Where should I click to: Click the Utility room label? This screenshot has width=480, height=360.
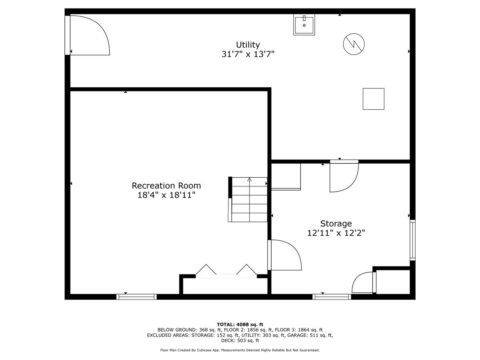click(x=248, y=45)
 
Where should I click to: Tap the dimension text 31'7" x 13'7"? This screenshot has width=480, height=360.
click(x=248, y=54)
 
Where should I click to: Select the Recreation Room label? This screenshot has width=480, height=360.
click(x=166, y=186)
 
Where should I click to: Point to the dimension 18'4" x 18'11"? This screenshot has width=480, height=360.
click(x=166, y=195)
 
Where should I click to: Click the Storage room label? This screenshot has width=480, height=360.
click(x=336, y=224)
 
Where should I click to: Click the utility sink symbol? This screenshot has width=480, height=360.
click(x=304, y=25)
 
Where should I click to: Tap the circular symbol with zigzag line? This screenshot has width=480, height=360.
click(x=354, y=43)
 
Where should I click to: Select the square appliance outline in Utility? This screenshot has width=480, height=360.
click(x=373, y=99)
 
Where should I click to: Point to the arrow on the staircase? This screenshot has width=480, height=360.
click(x=250, y=180)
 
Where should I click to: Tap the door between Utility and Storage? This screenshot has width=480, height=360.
click(x=343, y=176)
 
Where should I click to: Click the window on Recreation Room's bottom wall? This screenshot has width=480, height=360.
click(x=136, y=296)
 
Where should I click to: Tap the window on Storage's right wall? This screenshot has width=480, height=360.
click(x=412, y=240)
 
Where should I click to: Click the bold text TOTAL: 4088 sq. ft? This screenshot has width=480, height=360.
click(x=240, y=324)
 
